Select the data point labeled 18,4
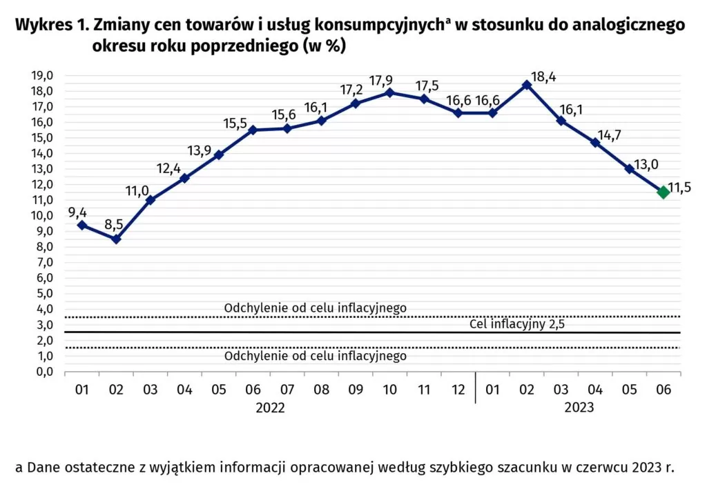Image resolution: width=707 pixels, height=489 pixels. pos(527,85)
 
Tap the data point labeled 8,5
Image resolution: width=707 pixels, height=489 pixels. pos(116,239)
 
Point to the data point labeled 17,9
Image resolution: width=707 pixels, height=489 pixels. pos(390,92)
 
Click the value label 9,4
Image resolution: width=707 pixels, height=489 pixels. pos(77,211)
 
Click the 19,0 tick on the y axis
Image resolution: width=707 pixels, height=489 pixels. pos(43,76)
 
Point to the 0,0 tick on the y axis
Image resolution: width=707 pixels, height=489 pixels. pos(45,372)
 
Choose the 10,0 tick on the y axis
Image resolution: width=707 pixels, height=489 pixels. pos(43,216)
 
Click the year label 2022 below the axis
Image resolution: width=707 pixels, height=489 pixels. pos(270,408)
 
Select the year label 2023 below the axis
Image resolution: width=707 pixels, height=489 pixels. pos(579,408)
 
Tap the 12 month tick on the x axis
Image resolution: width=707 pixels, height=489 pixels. pos(458,390)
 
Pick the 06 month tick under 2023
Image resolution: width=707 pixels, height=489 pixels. pos(663,390)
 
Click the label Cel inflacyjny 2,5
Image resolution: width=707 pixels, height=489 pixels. pos(517,324)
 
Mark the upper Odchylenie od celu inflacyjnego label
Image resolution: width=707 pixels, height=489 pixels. pos(316,308)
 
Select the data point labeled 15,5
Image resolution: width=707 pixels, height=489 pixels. pos(253,130)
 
